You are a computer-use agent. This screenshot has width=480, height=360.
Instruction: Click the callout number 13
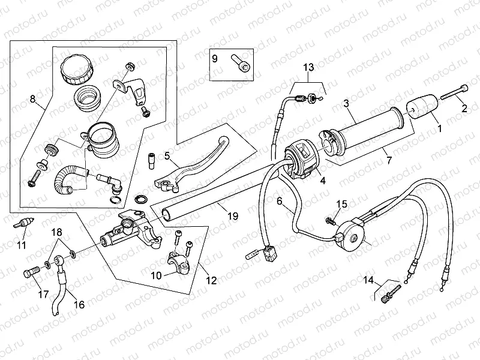click(308, 67)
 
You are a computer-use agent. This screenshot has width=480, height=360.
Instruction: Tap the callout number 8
click(32, 98)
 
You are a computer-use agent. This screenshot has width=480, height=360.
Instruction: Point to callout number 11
click(22, 245)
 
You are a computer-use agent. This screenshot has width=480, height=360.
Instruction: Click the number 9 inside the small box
click(215, 59)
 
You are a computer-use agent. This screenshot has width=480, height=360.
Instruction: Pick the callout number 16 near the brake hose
click(79, 304)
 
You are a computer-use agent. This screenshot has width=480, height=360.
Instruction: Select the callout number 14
click(368, 280)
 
